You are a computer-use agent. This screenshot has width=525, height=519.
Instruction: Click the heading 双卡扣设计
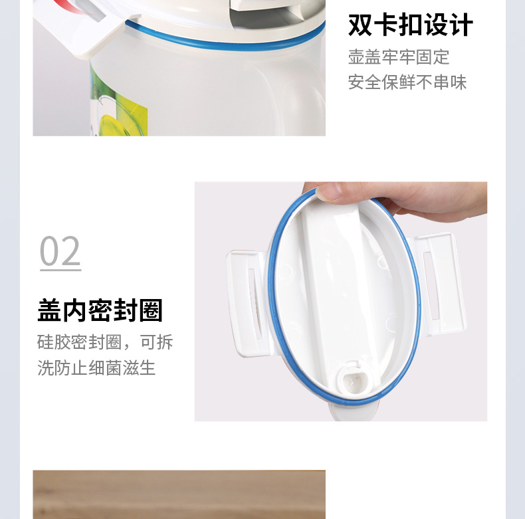coord(410,26)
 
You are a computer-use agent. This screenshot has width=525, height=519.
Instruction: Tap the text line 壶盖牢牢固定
coord(399,57)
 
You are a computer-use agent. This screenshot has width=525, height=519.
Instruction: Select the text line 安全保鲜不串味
coord(407,82)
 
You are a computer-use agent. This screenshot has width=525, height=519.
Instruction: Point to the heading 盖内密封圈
coord(100,310)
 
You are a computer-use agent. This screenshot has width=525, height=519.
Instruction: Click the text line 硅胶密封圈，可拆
coord(105,342)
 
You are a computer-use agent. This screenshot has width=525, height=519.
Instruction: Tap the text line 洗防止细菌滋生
coord(96,367)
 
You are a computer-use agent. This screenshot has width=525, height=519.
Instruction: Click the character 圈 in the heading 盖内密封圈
coord(151,310)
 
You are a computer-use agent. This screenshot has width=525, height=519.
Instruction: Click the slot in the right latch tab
coord(433,282)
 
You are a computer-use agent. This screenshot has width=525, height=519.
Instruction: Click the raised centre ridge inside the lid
coord(336,279)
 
